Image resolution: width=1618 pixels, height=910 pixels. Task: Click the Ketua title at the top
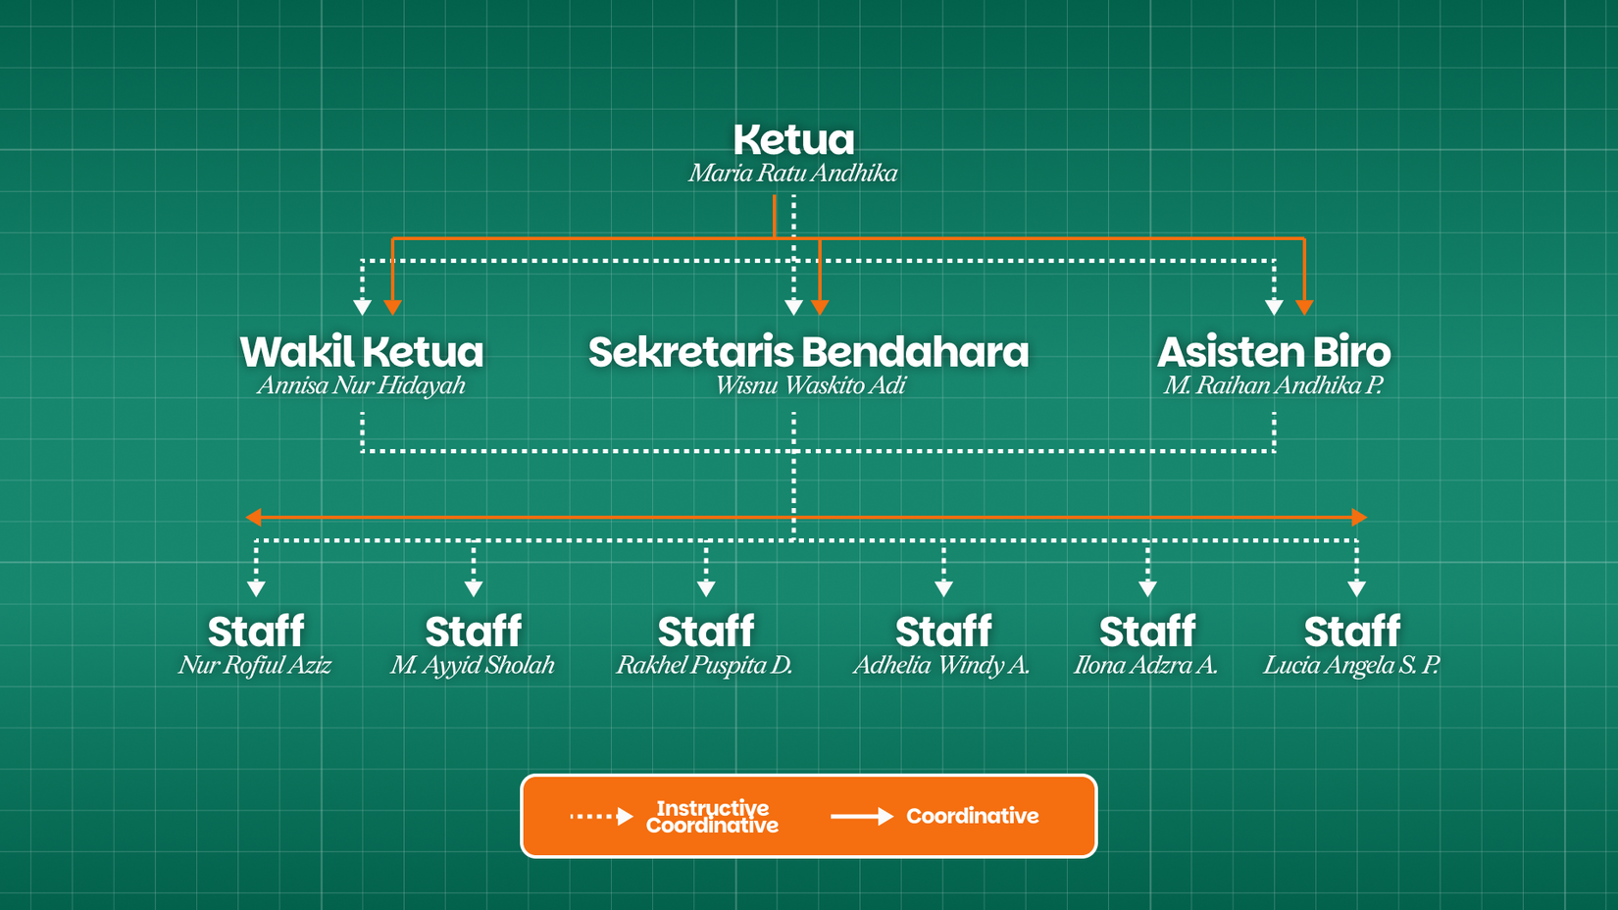tap(793, 140)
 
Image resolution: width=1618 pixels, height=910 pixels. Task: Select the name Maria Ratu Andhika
tap(792, 174)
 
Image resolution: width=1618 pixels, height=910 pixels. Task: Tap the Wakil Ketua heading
tap(362, 352)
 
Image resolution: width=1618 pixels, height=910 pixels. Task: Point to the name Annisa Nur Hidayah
tap(361, 385)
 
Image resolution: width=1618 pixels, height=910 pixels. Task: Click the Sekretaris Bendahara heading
tap(808, 352)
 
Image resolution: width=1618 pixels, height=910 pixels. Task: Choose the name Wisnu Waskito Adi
tap(810, 385)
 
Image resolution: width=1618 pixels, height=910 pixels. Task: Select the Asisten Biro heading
tap(1274, 352)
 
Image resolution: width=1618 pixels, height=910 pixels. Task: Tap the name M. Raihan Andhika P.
tap(1273, 385)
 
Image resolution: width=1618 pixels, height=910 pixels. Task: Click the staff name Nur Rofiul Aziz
tap(255, 665)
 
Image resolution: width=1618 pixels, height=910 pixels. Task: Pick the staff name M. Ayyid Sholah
tap(473, 665)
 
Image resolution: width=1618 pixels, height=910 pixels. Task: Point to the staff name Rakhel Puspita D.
tap(704, 665)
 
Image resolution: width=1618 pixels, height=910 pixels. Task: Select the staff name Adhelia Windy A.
tap(941, 665)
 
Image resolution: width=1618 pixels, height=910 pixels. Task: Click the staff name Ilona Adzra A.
tap(1145, 665)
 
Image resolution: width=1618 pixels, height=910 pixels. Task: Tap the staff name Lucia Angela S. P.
tap(1351, 665)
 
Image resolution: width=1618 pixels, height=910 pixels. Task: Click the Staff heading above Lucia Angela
tap(1352, 632)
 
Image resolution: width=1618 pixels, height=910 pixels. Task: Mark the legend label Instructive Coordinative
tap(712, 817)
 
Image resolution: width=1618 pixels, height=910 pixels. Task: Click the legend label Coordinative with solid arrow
tap(972, 816)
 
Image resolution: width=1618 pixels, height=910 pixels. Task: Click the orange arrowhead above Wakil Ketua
tap(392, 308)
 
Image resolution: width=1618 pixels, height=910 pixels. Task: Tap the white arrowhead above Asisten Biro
tap(1274, 308)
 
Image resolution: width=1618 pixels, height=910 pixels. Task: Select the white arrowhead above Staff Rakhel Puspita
tap(706, 588)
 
